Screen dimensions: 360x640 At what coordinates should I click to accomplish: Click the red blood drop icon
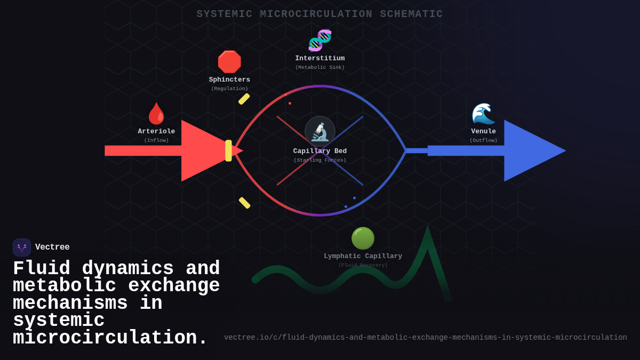click(x=156, y=114)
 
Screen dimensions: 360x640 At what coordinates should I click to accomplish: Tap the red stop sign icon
click(x=229, y=62)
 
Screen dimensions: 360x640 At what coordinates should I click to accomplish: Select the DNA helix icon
click(x=320, y=41)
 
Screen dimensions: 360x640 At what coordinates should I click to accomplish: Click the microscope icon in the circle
click(x=320, y=131)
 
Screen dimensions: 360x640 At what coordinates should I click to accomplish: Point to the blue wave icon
click(x=483, y=114)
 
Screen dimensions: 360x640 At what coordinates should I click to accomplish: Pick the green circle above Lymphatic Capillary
click(x=363, y=238)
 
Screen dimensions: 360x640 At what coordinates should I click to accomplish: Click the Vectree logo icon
click(x=22, y=247)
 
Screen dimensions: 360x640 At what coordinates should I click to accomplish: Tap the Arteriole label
click(x=156, y=131)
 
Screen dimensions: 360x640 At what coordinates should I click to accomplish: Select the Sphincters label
click(x=229, y=80)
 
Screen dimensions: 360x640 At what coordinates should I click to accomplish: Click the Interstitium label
click(x=320, y=59)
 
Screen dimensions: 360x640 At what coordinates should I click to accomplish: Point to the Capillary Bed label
click(x=320, y=151)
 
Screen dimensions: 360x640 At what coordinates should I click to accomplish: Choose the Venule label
click(x=483, y=131)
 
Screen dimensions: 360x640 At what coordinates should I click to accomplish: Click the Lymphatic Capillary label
click(x=363, y=256)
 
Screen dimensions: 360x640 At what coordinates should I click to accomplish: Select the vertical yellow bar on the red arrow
click(x=228, y=150)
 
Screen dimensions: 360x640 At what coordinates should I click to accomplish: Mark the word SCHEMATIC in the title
click(x=411, y=14)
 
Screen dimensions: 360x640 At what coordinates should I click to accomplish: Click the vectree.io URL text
click(x=425, y=338)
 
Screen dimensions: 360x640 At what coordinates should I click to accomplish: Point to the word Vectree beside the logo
click(x=52, y=247)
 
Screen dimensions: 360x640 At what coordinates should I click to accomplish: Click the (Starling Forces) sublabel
click(x=320, y=160)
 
